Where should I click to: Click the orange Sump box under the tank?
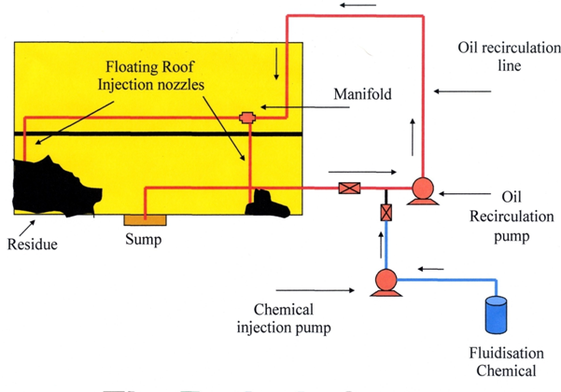tap(146, 219)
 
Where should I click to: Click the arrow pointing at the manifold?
tap(279, 107)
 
